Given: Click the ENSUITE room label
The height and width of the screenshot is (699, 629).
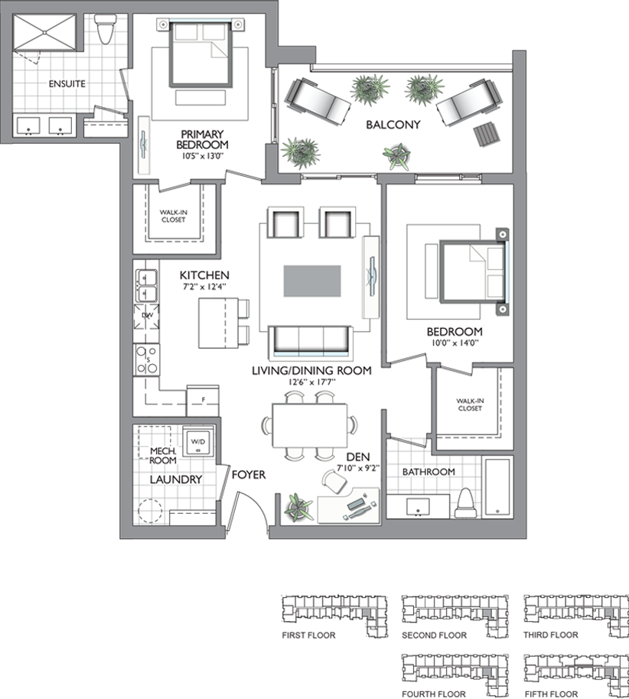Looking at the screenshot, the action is coord(67,84).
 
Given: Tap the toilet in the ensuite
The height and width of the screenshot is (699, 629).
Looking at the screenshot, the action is coord(106,28).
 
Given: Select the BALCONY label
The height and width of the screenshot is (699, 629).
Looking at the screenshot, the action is coord(393,125).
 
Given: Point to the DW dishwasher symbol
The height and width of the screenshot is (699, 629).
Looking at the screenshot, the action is coord(147,316).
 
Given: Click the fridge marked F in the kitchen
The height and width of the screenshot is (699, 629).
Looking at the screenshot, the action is coord(203,401).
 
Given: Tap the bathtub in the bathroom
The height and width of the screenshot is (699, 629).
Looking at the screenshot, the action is coord(497,487).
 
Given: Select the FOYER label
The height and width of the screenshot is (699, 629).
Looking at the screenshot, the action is coord(249,475).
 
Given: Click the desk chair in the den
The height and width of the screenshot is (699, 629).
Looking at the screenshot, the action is coord(334,482).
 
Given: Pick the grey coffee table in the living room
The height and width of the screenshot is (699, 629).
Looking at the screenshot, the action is coord(312,281).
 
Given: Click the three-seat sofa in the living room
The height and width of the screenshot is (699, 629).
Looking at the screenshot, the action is coord(311,342).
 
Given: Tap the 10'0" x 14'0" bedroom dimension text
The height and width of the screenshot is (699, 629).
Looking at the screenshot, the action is coord(455,343).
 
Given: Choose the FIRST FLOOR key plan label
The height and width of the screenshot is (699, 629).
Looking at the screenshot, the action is coord(308,636).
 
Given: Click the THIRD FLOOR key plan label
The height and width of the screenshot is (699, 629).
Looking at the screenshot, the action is coord(550,635).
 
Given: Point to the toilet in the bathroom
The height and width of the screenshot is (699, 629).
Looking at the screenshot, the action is coord(466,503).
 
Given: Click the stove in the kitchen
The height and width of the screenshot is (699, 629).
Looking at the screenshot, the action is coord(147,359).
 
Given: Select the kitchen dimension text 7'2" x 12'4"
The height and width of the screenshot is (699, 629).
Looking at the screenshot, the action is coord(204,287).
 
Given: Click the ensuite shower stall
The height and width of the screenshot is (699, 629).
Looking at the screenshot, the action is coord(44,32).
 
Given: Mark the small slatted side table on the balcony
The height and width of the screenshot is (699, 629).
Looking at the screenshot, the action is coord(484,134).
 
